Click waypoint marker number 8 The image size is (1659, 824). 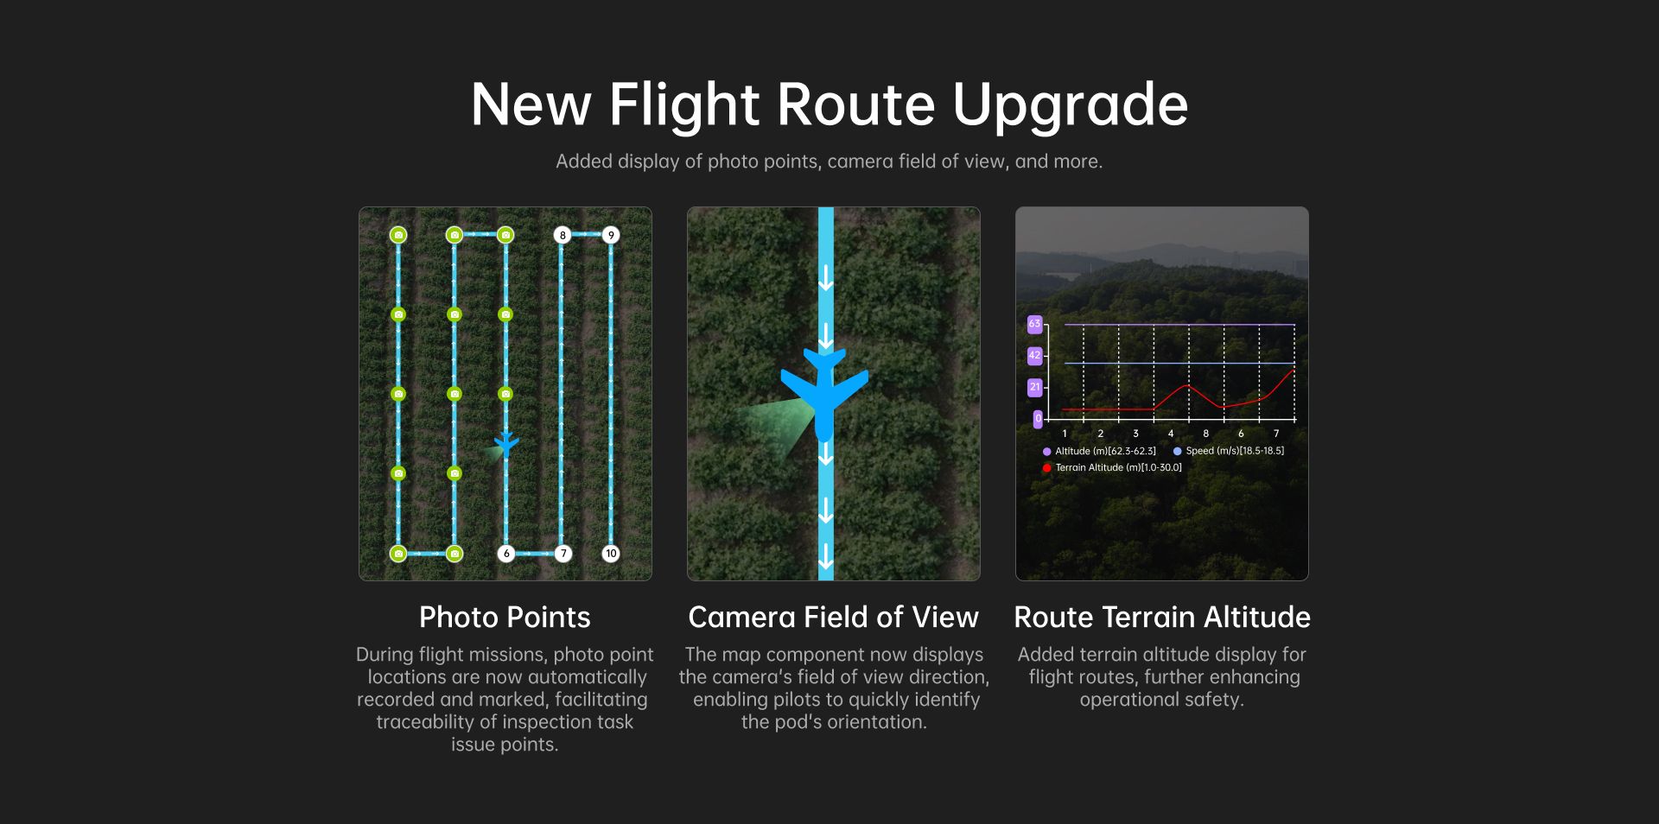click(x=563, y=235)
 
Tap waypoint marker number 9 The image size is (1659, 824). click(x=611, y=235)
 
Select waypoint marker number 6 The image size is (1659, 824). click(x=506, y=554)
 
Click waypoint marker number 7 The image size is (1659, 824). click(x=563, y=554)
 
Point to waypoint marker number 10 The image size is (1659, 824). click(x=611, y=554)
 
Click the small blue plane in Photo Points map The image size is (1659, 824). click(x=506, y=445)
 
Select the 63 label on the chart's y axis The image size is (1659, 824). click(x=1034, y=324)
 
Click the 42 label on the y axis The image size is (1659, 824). click(x=1034, y=355)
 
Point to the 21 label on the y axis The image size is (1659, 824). click(x=1034, y=387)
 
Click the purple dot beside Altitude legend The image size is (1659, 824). click(x=1047, y=452)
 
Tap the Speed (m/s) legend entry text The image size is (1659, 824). click(x=1235, y=451)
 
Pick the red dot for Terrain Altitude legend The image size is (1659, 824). click(x=1047, y=468)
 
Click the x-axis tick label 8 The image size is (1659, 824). click(x=1205, y=434)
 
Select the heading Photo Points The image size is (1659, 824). click(x=505, y=618)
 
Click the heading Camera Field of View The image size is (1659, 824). click(x=833, y=618)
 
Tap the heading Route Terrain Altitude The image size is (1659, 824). click(x=1162, y=618)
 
